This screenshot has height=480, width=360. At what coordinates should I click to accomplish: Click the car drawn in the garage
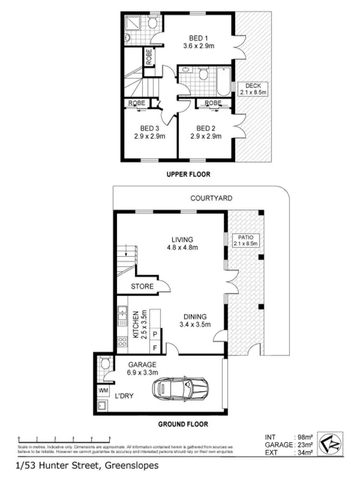(180, 388)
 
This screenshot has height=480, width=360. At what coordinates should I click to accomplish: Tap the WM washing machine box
(103, 390)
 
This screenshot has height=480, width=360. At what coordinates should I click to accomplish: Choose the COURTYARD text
(211, 197)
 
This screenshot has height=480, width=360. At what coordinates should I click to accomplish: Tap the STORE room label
(143, 286)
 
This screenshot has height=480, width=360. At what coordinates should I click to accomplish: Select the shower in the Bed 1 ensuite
(132, 23)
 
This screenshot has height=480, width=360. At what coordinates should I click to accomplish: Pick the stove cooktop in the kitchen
(122, 343)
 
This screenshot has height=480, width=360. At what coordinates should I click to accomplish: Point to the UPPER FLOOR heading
(188, 174)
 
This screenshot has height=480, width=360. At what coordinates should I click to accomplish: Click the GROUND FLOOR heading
(183, 424)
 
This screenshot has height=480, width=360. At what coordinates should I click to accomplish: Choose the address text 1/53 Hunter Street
(87, 466)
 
